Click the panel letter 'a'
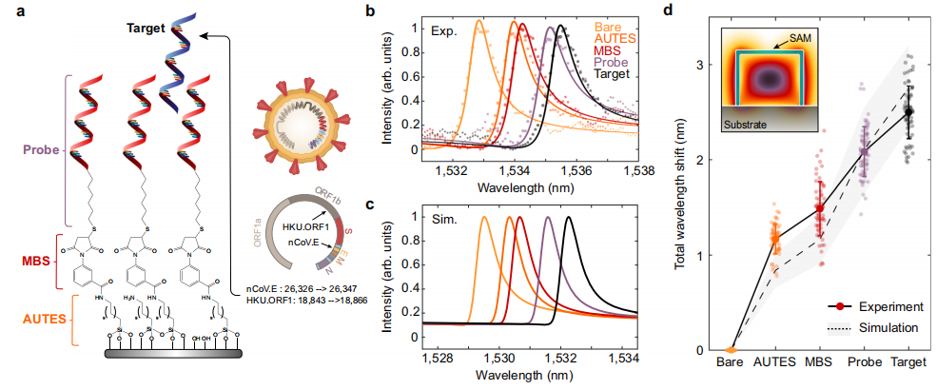(x=9, y=11)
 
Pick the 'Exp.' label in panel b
(x=444, y=30)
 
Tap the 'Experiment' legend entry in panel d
(x=888, y=306)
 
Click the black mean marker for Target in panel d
(x=908, y=111)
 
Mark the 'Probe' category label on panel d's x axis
(x=864, y=362)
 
